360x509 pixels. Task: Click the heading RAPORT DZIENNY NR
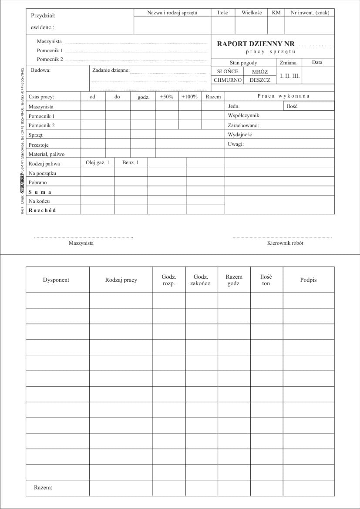tap(256, 44)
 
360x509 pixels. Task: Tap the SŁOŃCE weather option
tap(227, 71)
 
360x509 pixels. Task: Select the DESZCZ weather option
tap(260, 80)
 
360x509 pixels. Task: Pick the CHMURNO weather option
tap(227, 80)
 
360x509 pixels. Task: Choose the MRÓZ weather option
tap(260, 71)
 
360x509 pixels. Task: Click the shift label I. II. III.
tap(289, 76)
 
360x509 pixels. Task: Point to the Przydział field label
tap(43, 16)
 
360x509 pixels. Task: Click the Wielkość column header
tap(252, 13)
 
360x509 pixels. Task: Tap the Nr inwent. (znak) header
tap(310, 13)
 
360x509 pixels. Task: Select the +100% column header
tap(189, 97)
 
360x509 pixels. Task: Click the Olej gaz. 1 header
tap(98, 162)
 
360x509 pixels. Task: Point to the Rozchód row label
tap(42, 210)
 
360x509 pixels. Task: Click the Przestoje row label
tap(38, 145)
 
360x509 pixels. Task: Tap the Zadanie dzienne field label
tap(111, 70)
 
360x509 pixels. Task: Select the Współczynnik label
tap(243, 116)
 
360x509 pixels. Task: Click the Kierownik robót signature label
tap(285, 243)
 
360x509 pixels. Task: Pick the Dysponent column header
tap(56, 280)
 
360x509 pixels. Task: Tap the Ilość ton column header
tap(266, 280)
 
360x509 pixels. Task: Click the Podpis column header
tap(308, 280)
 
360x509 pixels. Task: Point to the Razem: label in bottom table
tap(43, 488)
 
